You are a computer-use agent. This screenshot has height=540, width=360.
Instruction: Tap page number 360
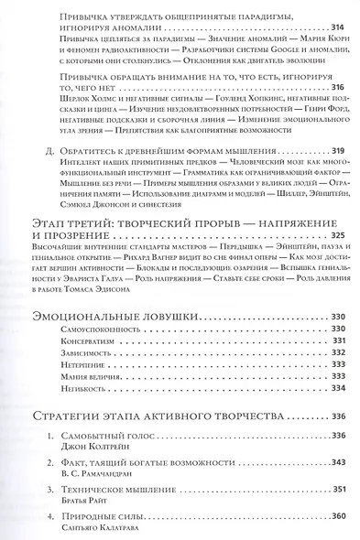point(335,517)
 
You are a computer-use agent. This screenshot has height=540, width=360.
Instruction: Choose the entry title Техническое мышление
point(125,491)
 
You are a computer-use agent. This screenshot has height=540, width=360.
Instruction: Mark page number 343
point(335,465)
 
